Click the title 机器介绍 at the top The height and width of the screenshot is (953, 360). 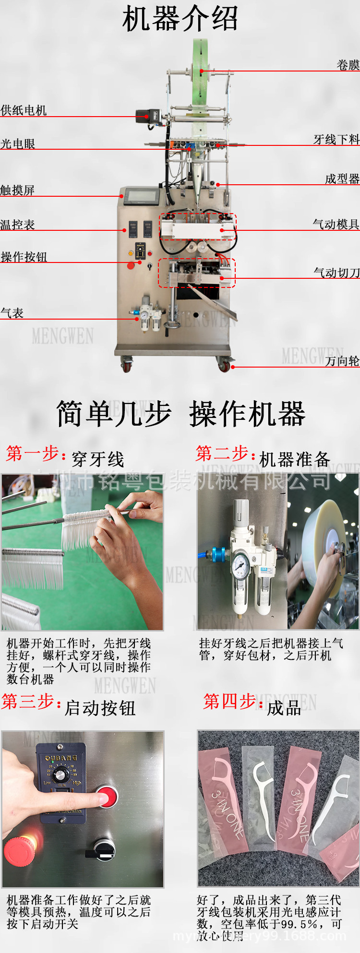coord(180,19)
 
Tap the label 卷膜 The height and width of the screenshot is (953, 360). coord(348,65)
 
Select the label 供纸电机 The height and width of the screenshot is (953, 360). coord(24,110)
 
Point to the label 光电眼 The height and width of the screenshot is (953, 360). coord(18,144)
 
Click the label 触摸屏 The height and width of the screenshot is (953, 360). coord(17,191)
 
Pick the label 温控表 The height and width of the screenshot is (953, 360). coord(17,225)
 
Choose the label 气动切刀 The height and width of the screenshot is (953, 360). coord(336,273)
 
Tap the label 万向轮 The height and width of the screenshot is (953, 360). coord(342,361)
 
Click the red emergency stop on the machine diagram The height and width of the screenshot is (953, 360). coord(131,265)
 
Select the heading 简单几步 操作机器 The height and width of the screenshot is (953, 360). coord(180,414)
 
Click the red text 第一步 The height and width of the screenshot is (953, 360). coord(32,453)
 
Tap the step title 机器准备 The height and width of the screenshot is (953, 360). coord(295,459)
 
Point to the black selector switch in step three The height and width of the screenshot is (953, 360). coord(103,849)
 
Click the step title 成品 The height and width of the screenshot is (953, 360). coord(284,708)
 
